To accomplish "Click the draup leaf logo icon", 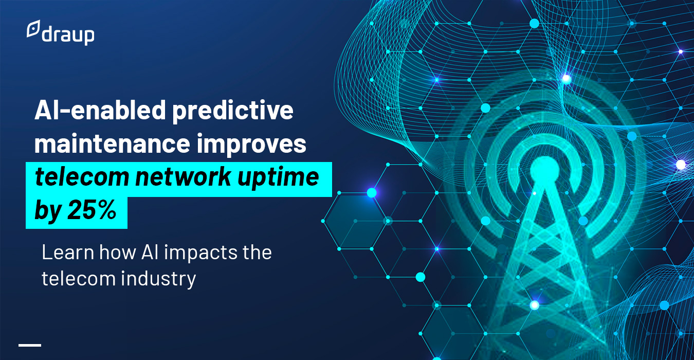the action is coord(33,29).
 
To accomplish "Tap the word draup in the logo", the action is coord(68,35).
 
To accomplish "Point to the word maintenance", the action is coord(112,143).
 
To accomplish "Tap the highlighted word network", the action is coord(183,177).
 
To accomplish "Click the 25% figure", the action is coord(92,210).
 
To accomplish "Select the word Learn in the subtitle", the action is coord(68,252).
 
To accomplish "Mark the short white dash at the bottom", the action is coord(30,345).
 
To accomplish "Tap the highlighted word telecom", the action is coord(82,177).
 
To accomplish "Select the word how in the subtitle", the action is coord(118,252).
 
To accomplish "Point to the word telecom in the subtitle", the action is coord(79,278).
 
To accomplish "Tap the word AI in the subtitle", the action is coord(150,252).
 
